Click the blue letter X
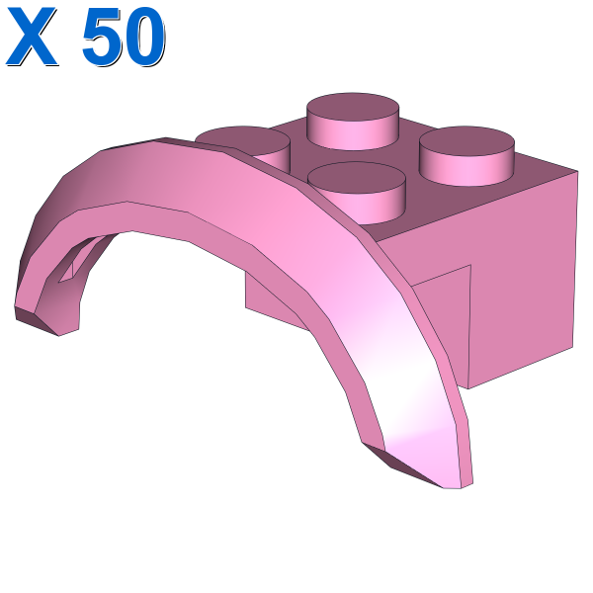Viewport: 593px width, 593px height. [x=32, y=37]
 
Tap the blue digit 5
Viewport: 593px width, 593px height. [x=103, y=38]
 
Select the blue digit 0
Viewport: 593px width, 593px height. [x=145, y=38]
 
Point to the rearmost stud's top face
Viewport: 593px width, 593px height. [x=353, y=108]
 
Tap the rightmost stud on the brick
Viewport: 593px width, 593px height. [x=466, y=156]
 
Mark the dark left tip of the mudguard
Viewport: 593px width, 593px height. [x=36, y=320]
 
